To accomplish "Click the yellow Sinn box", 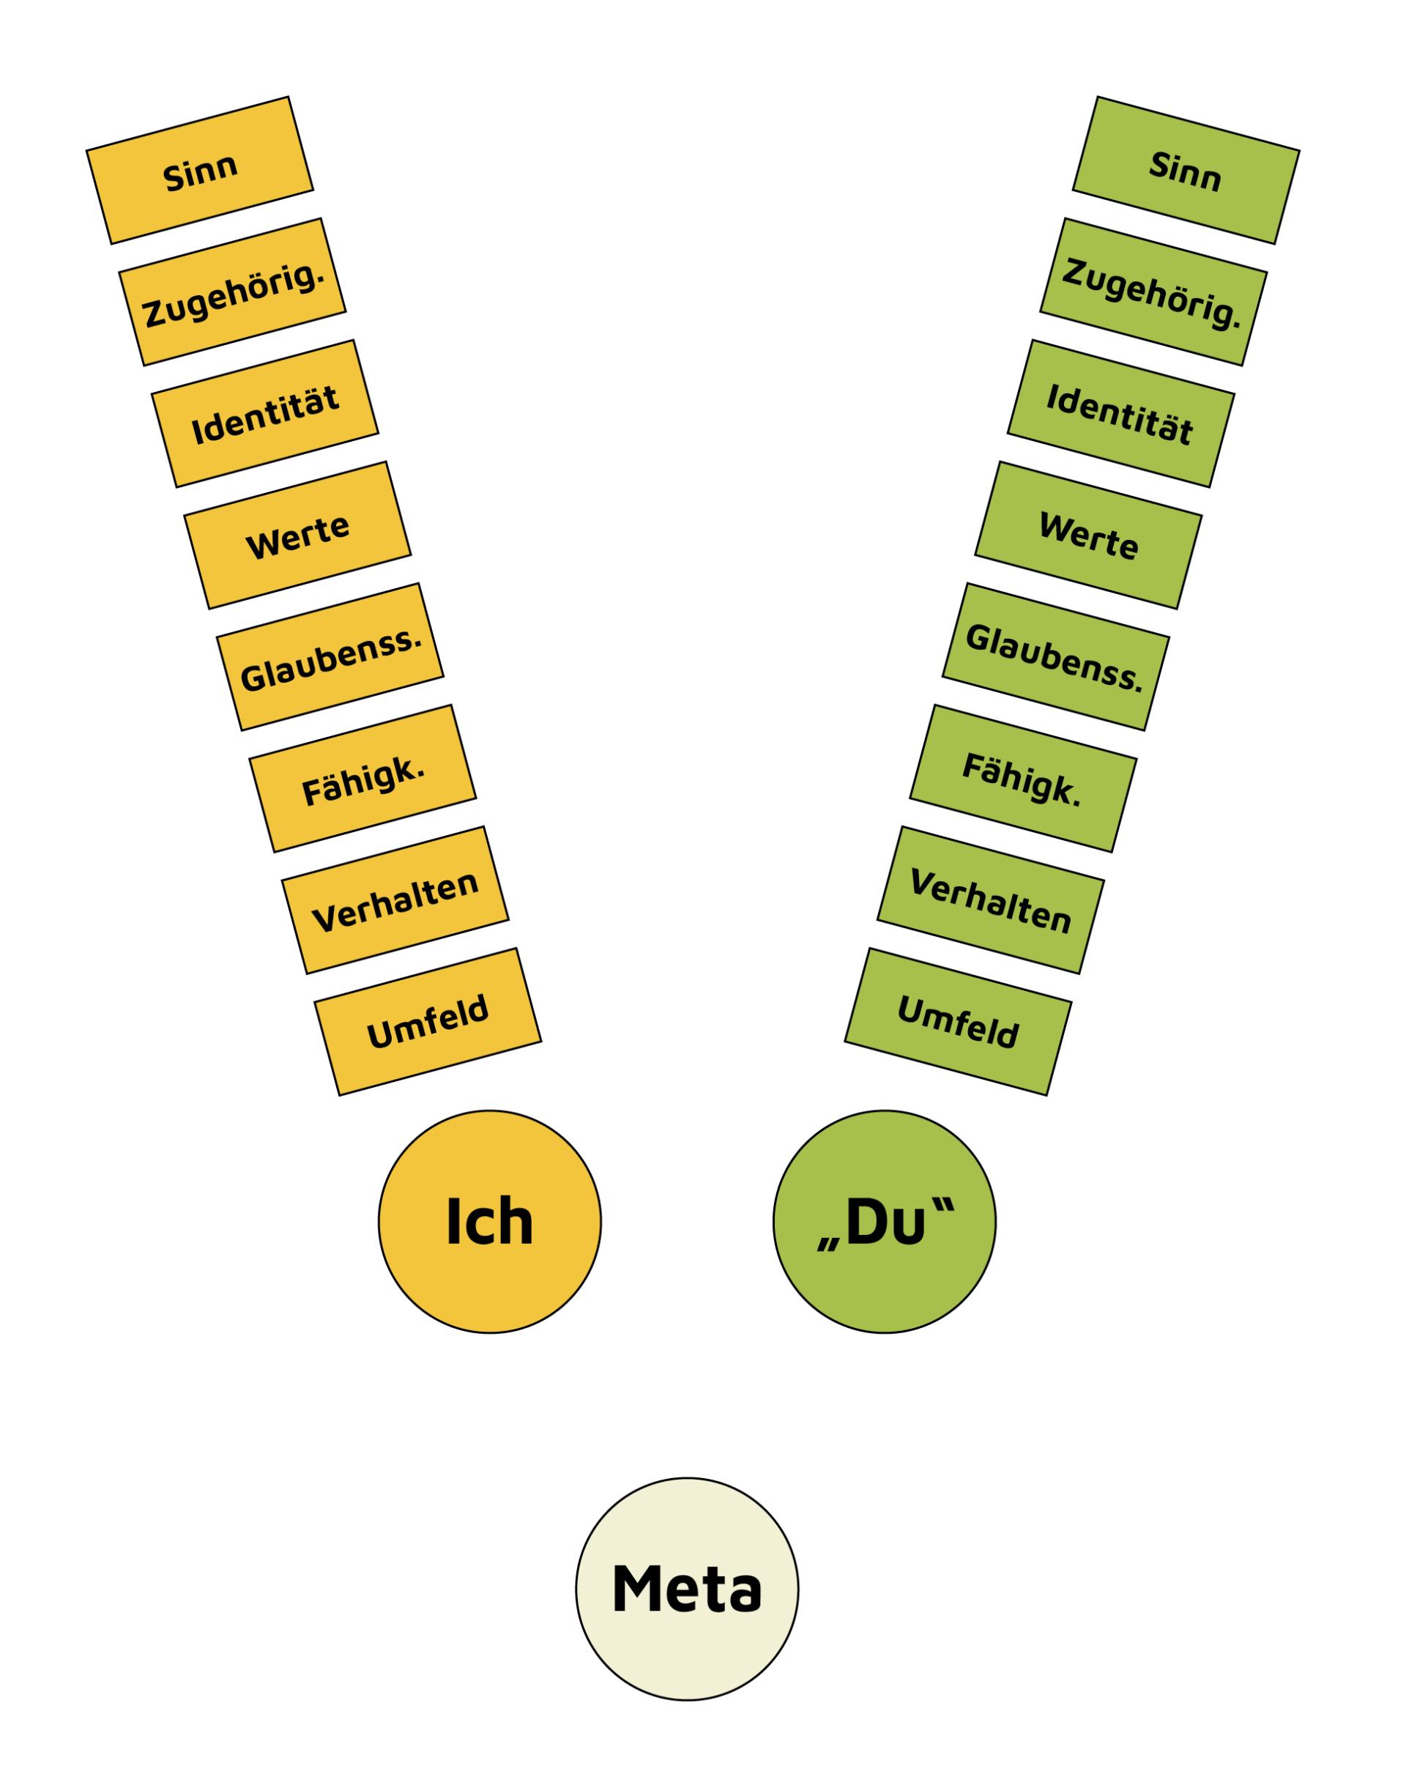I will point(199,171).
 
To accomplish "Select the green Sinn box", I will point(1186,171).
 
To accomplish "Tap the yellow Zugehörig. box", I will point(232,292).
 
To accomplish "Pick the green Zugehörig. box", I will point(1153,292).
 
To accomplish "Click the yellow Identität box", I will point(265,414).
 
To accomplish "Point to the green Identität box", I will point(1120,414).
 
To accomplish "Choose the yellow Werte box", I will point(297,535).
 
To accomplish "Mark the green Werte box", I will point(1088,535).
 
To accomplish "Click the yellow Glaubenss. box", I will point(330,656).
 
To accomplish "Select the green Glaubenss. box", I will point(1056,656).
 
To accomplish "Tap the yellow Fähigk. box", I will point(362,778).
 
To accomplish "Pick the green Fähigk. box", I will point(1023,778).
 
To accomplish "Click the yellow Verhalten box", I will point(395,900).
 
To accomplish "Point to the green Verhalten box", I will point(991,900).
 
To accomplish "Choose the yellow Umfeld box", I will point(428,1022).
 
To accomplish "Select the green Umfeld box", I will point(958,1022).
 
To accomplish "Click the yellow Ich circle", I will point(490,1222).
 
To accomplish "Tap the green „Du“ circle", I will point(885,1222).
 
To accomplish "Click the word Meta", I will point(688,1590).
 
